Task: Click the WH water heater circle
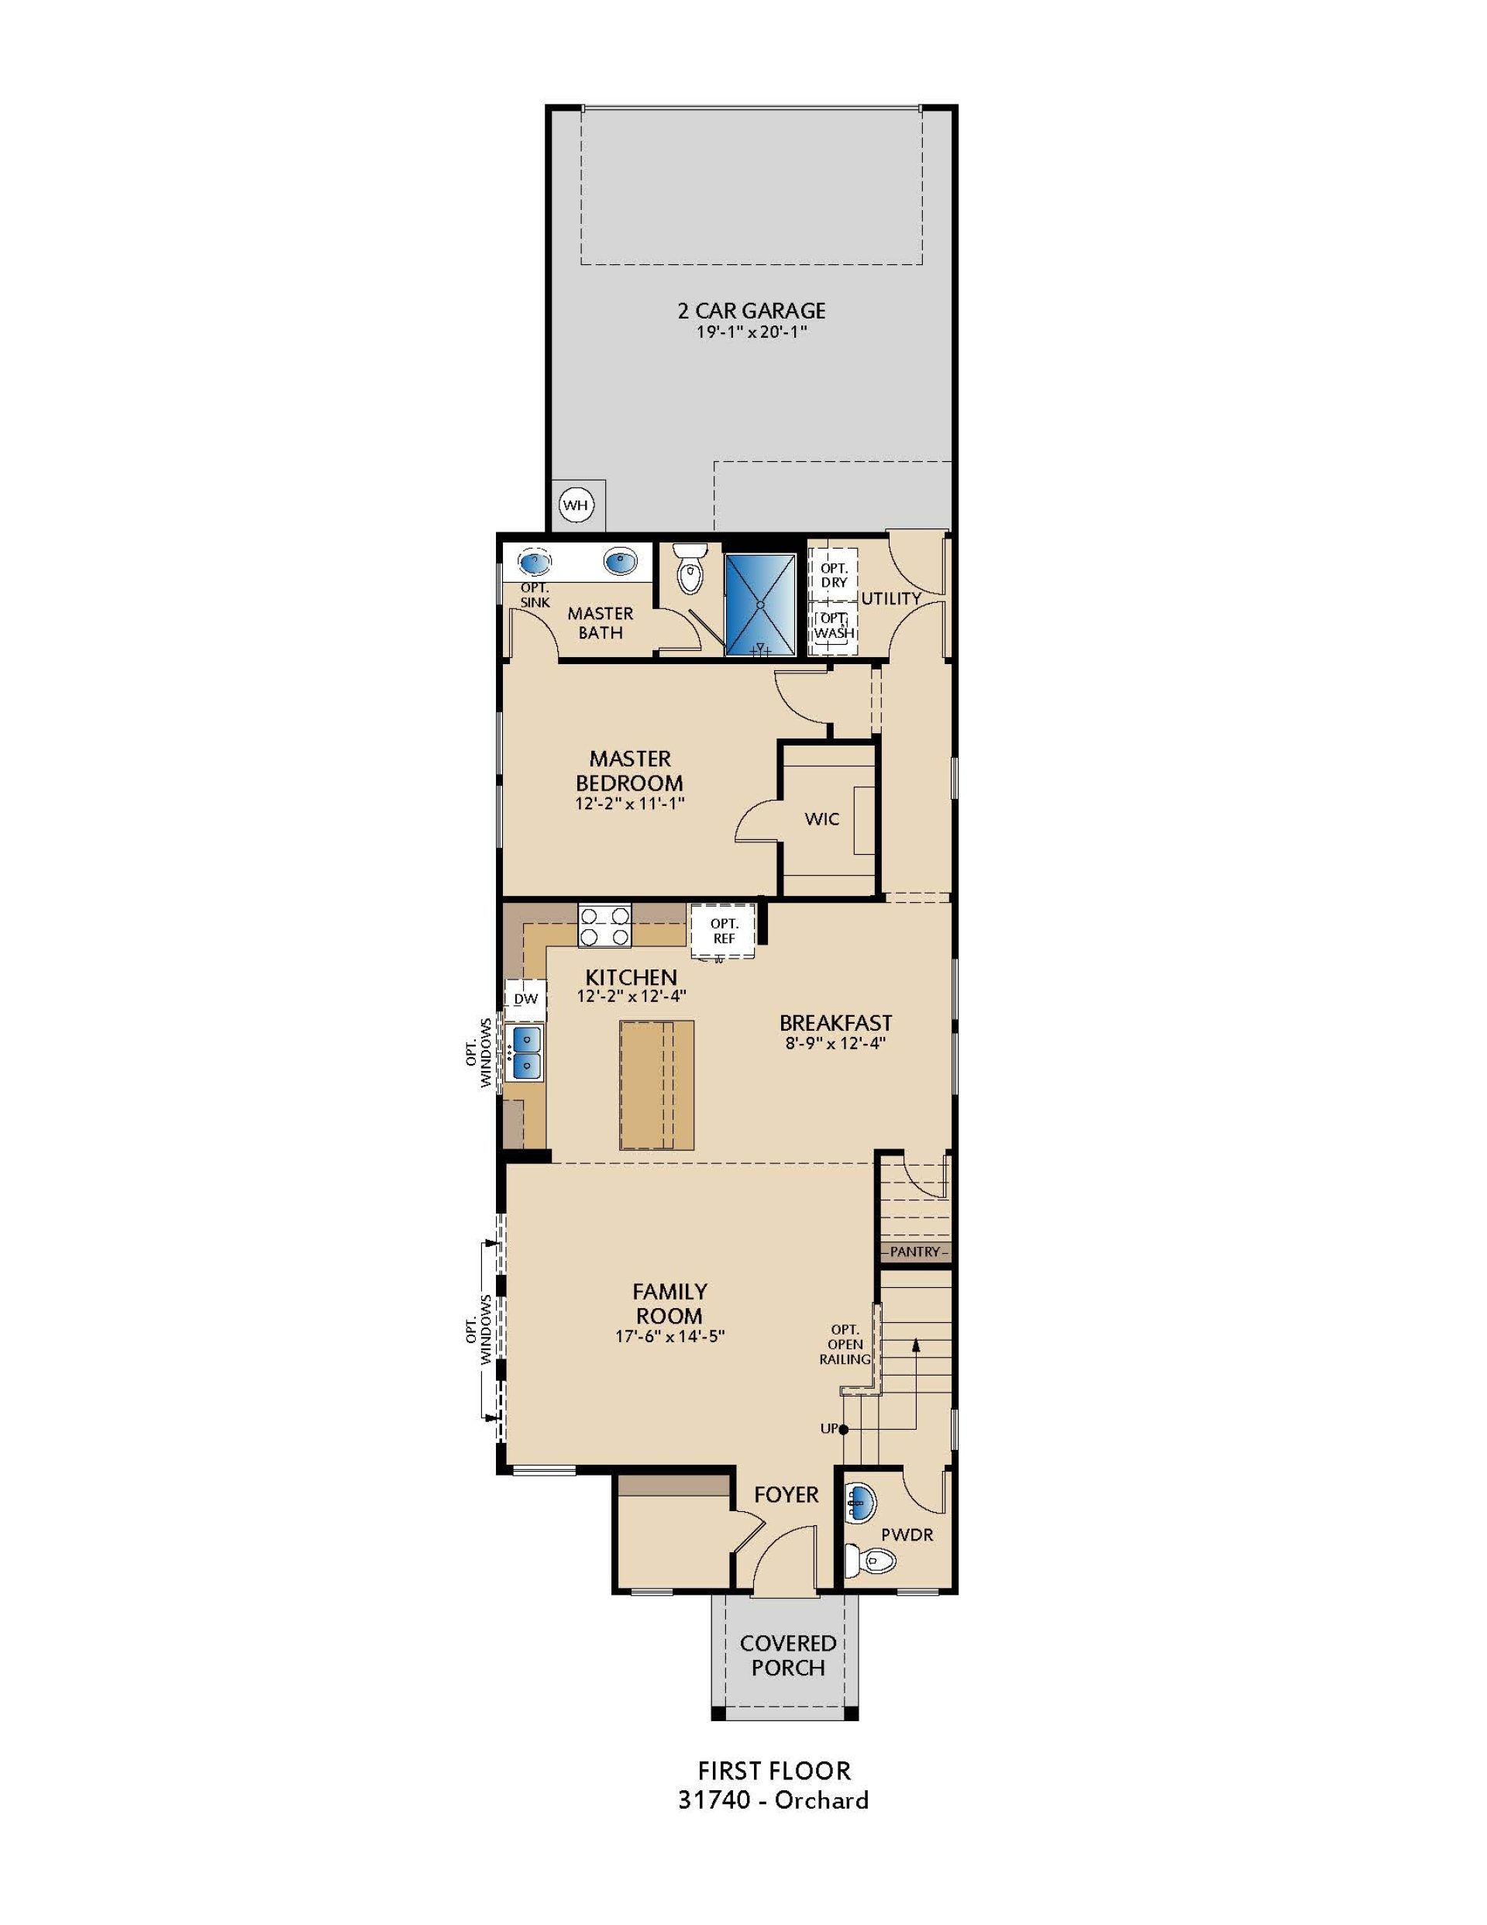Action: point(576,505)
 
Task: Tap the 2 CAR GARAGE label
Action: point(751,310)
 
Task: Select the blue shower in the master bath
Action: point(759,604)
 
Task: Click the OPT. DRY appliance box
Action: point(833,575)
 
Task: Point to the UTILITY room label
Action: point(890,598)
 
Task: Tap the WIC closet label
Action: point(821,819)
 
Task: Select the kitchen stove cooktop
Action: point(604,925)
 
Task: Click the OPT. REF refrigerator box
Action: point(723,931)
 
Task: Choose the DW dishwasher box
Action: point(525,999)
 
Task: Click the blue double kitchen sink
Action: point(527,1051)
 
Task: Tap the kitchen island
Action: point(656,1084)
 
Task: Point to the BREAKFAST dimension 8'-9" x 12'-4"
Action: point(835,1043)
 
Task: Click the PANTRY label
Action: point(915,1252)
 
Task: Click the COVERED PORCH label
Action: point(788,1655)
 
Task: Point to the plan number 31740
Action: point(713,1799)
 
